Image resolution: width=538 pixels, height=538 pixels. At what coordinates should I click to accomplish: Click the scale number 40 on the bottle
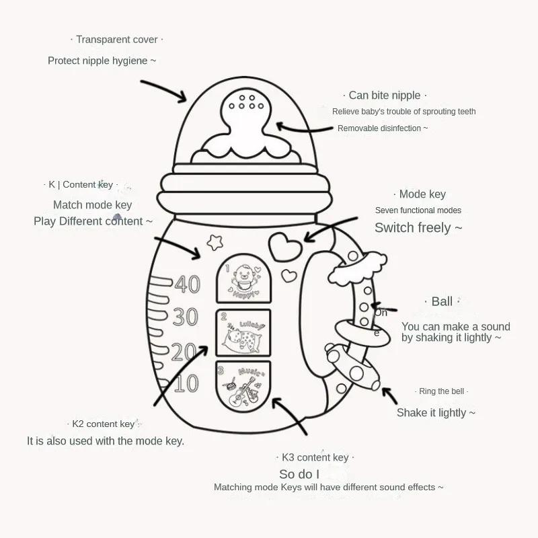[188, 284]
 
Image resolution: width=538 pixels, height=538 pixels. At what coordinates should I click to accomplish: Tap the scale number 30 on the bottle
[185, 317]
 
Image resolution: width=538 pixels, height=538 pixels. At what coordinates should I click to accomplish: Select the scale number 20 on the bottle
[184, 351]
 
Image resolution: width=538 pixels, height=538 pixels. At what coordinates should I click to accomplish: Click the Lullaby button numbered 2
[243, 333]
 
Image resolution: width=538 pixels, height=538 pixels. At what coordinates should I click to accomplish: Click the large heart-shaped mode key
[284, 245]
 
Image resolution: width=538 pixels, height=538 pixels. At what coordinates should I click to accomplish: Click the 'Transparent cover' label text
[117, 40]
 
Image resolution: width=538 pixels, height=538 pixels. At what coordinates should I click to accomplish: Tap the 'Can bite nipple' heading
[385, 95]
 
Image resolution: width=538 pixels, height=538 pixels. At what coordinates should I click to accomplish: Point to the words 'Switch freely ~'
[418, 227]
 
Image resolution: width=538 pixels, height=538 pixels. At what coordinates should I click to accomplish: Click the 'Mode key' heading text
[422, 194]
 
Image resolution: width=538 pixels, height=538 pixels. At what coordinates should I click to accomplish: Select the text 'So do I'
[299, 474]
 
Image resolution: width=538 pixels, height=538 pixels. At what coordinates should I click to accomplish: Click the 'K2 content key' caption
[104, 424]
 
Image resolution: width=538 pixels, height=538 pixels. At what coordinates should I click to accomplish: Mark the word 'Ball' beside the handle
[442, 301]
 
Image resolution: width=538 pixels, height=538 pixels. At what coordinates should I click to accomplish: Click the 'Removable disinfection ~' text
[382, 128]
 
